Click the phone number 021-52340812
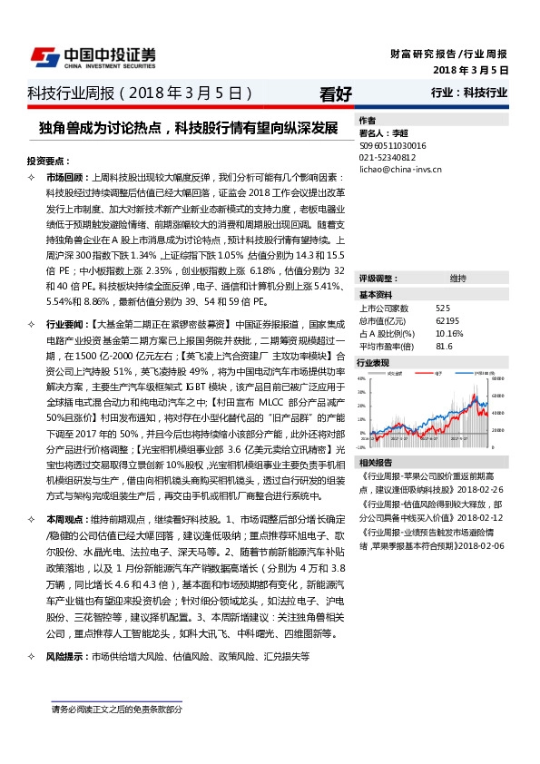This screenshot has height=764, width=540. click(388, 157)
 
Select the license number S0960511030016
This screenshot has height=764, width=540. click(392, 145)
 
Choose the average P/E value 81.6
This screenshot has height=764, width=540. click(444, 346)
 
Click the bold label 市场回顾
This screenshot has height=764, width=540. click(64, 177)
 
